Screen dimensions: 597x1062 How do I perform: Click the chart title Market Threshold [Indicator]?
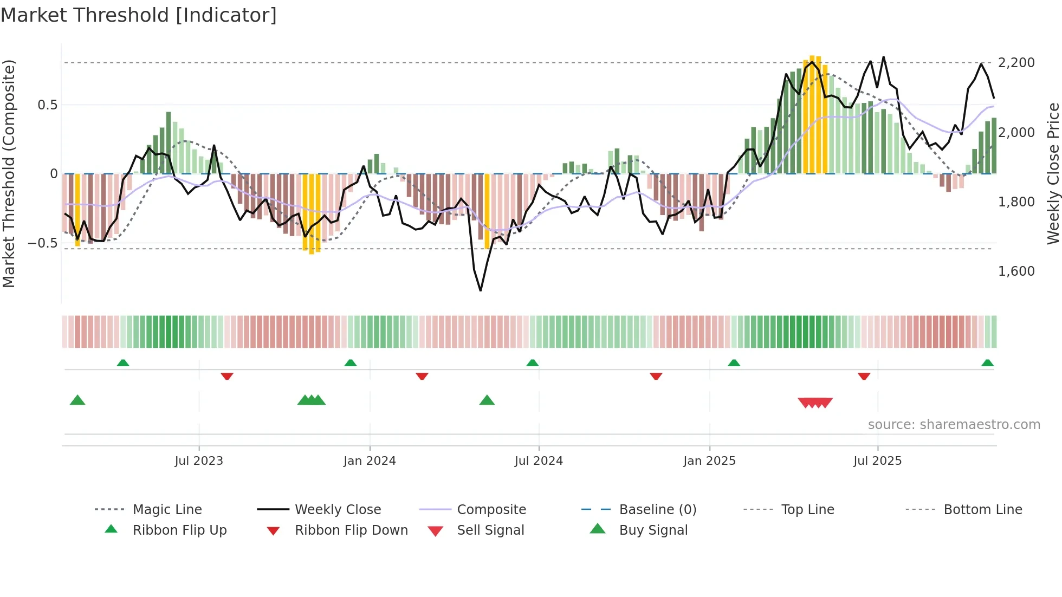point(139,15)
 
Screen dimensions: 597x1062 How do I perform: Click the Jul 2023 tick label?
point(199,461)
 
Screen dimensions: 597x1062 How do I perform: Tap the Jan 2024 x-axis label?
point(370,461)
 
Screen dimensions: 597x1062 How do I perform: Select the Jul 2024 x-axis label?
point(539,461)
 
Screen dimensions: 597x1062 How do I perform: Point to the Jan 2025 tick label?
point(709,461)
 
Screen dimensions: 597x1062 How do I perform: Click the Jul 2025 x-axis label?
point(877,461)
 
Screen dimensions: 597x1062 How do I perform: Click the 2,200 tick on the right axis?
point(1016,63)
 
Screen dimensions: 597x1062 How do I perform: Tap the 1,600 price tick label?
point(1016,271)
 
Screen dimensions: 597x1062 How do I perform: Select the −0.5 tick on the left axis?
point(43,243)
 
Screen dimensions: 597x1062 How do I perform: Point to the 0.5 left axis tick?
point(48,105)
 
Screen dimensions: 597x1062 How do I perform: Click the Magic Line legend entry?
point(167,510)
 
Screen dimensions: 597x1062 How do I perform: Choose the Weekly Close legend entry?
point(338,510)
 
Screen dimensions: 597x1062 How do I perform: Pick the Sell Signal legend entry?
point(490,530)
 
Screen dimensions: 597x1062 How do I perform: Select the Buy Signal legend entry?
point(653,530)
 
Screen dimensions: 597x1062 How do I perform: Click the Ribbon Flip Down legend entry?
point(351,530)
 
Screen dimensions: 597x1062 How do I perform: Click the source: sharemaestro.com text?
point(954,425)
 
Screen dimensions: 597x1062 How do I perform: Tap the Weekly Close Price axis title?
point(1053,173)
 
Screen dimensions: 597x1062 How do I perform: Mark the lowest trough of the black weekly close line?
point(481,290)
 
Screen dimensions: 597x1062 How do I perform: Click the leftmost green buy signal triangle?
point(77,400)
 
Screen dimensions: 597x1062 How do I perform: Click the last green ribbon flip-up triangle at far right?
point(987,363)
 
